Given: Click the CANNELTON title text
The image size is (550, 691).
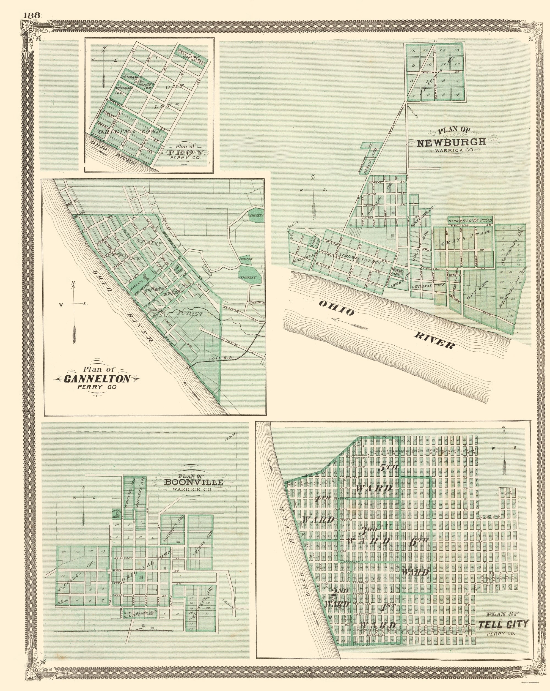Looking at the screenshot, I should pyautogui.click(x=97, y=379).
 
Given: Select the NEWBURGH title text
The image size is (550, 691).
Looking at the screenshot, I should pyautogui.click(x=451, y=142).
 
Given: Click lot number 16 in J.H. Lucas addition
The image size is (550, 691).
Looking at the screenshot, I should pyautogui.click(x=413, y=51).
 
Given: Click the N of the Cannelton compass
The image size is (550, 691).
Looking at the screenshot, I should pyautogui.click(x=74, y=283).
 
